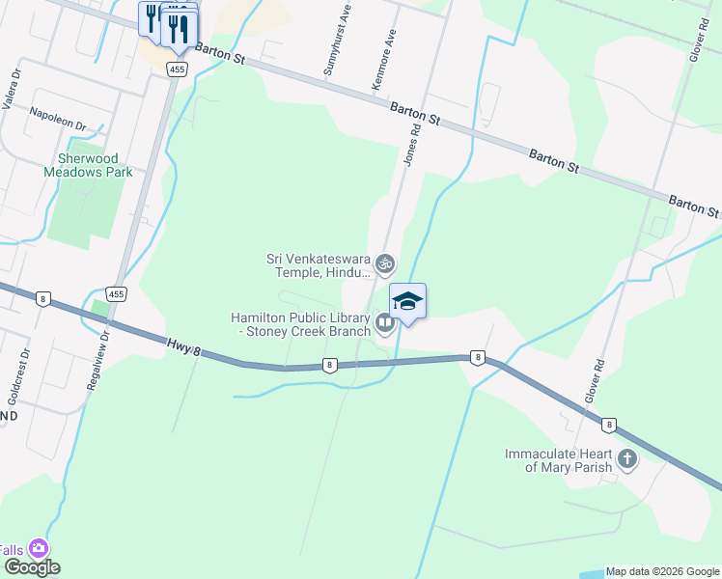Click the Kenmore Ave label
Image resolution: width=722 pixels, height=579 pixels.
(x=384, y=60)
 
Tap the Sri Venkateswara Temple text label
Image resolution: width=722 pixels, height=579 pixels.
(x=319, y=265)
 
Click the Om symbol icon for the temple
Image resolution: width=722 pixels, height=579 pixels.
(x=385, y=263)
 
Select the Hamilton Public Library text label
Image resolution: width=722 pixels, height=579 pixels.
(x=300, y=324)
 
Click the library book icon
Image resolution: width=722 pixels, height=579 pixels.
(x=385, y=323)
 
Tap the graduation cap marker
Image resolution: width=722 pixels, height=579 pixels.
(x=407, y=301)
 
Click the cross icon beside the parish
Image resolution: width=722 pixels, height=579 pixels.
(x=627, y=459)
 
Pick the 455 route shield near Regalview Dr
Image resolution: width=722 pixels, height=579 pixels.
(x=116, y=293)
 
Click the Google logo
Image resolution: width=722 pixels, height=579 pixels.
(x=31, y=567)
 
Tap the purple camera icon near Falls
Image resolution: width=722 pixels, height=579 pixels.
(x=40, y=548)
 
